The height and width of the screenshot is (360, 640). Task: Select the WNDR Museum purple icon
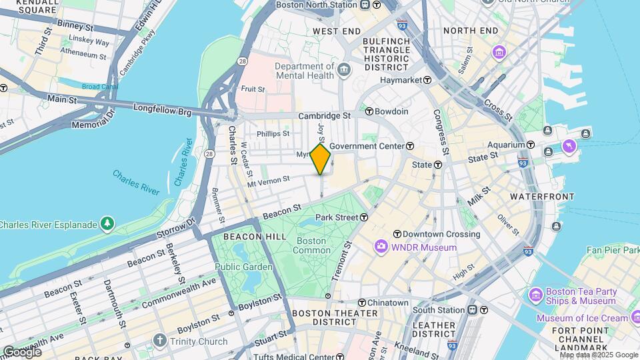click(381, 247)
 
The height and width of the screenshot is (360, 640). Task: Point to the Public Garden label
click(243, 267)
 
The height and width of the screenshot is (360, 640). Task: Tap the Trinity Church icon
click(160, 341)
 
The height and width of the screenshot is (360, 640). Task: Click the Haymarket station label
click(402, 80)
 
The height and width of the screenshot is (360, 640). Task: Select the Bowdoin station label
click(391, 111)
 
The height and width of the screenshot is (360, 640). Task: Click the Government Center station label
click(366, 146)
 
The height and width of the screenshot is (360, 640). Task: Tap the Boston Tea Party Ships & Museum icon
click(536, 295)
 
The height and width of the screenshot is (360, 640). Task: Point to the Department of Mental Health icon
click(344, 69)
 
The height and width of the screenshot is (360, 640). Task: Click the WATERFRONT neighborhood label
click(542, 197)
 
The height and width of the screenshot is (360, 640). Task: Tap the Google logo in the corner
click(22, 351)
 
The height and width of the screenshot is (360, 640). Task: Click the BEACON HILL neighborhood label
click(245, 237)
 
